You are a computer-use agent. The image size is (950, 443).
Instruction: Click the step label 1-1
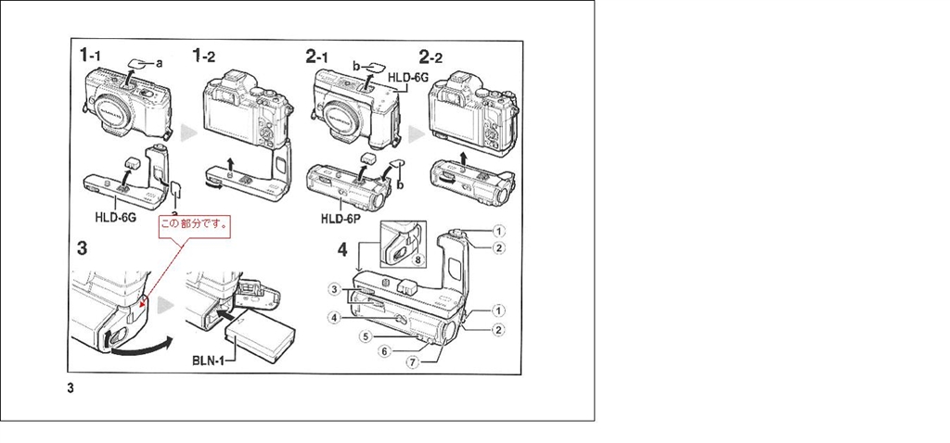[x=91, y=56]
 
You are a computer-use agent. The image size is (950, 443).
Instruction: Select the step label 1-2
[x=203, y=56]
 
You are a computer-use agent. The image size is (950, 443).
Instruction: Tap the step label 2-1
[x=317, y=57]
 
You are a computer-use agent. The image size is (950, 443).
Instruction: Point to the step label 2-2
[x=430, y=57]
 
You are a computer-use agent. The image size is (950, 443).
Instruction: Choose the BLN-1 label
[x=209, y=361]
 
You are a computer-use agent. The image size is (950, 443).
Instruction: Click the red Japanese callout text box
[x=196, y=224]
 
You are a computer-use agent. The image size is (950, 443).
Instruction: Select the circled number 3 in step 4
[x=334, y=290]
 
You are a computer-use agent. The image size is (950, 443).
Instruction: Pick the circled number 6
[x=385, y=350]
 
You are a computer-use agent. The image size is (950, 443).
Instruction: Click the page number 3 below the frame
[x=71, y=388]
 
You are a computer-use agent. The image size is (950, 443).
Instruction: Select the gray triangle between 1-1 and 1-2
[x=189, y=133]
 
